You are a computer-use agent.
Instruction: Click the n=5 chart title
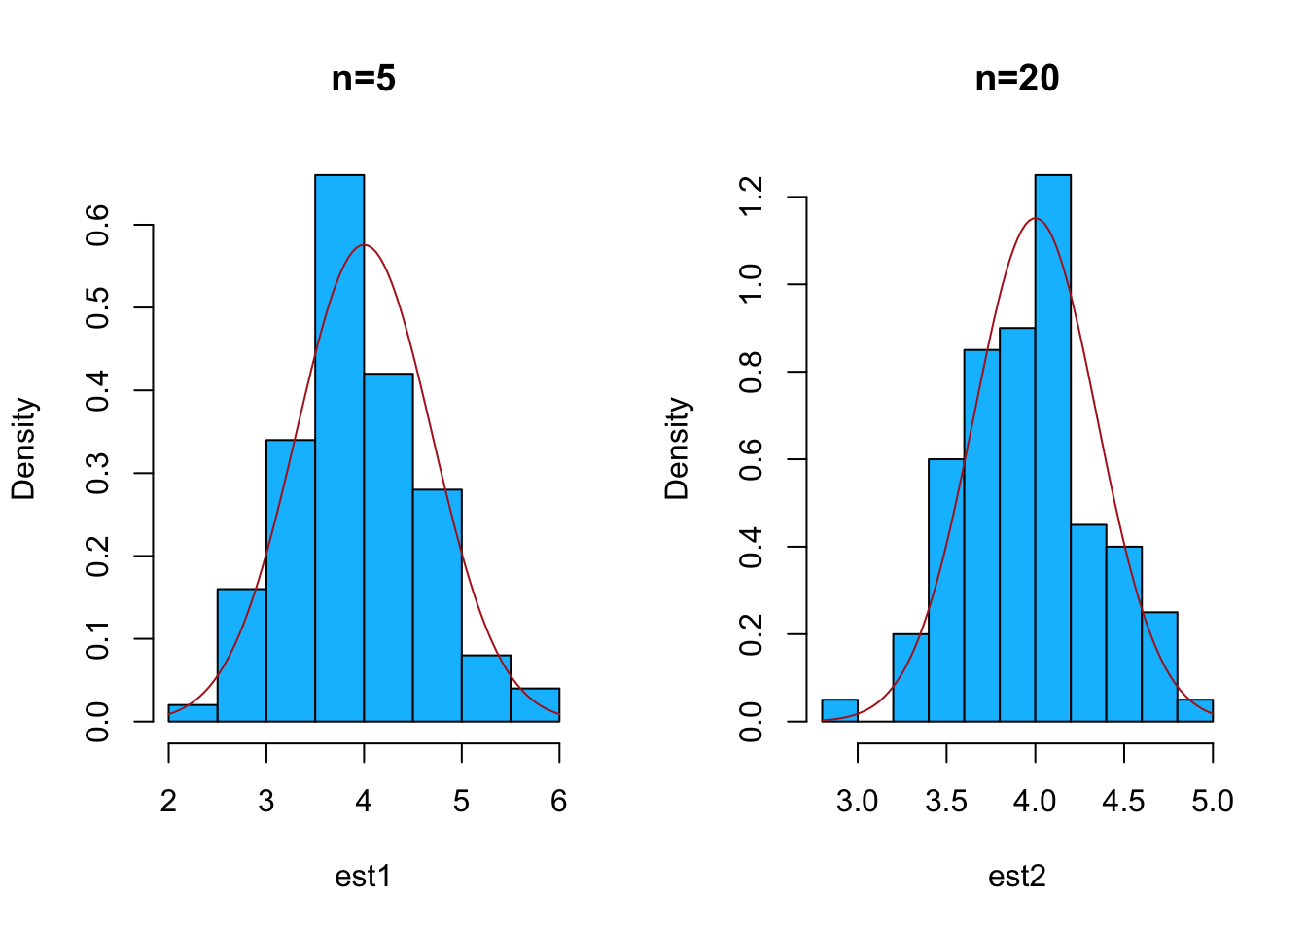363,79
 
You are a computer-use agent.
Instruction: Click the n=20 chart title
1016,79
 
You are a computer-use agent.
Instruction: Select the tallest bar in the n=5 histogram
339,448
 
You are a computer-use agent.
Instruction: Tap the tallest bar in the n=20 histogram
1052,448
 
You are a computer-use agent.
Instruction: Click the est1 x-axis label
363,877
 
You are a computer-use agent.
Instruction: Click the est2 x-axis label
1016,877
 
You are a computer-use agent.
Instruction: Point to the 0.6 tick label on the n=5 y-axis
98,226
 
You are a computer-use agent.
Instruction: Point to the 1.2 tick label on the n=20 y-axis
752,198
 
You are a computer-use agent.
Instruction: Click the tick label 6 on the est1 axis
559,801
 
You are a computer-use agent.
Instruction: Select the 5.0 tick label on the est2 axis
1212,801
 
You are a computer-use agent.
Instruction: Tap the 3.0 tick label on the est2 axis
857,801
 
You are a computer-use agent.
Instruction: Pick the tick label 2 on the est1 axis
169,801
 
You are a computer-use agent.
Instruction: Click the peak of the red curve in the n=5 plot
364,245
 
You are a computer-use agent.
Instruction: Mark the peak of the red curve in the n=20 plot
1035,218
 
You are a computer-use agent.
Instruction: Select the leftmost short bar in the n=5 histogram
193,713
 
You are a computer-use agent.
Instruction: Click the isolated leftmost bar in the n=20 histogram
839,710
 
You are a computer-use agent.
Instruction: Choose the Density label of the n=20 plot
677,448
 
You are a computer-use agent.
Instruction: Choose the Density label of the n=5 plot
23,448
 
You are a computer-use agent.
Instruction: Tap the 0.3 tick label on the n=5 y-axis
98,474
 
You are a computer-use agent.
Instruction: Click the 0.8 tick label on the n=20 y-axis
752,373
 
